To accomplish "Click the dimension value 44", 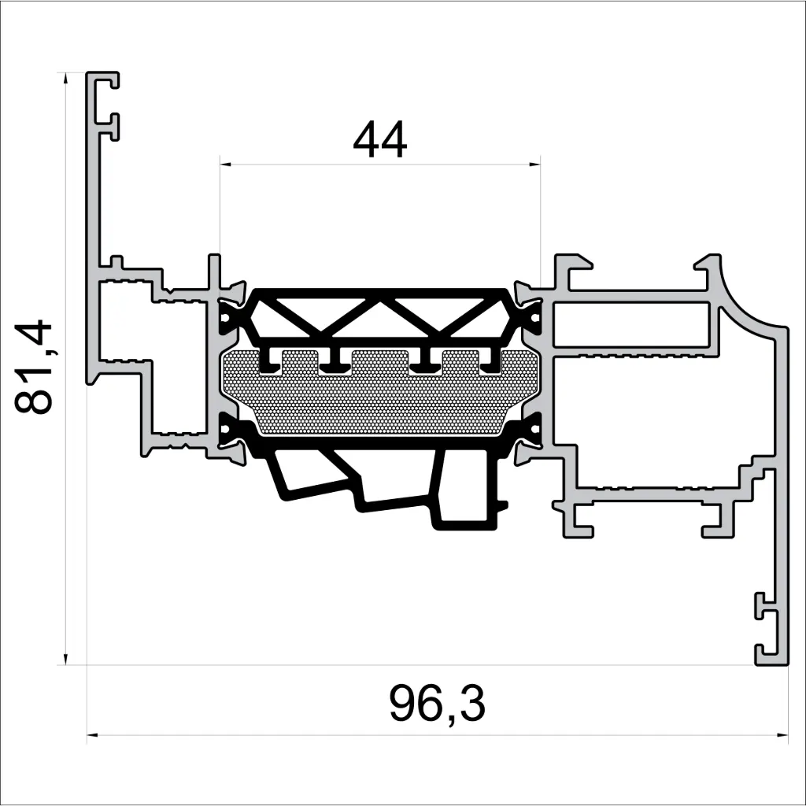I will (380, 141).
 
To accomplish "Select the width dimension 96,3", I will (437, 704).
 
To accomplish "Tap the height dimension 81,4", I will (35, 367).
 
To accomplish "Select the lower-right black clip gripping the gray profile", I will (529, 434).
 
